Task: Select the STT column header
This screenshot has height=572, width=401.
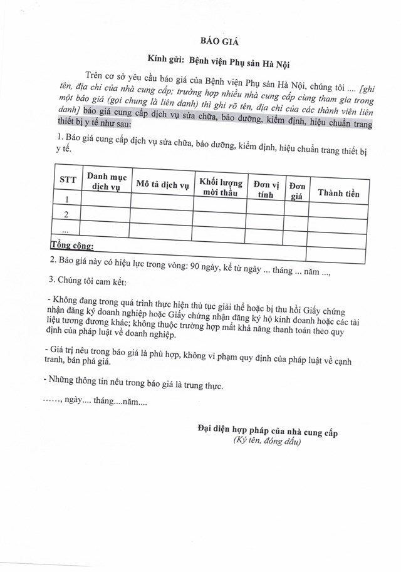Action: [x=67, y=180]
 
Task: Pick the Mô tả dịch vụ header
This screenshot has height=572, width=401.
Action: [x=162, y=185]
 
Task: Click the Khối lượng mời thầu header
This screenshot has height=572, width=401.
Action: [x=219, y=187]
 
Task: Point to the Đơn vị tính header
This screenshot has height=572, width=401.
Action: [x=265, y=189]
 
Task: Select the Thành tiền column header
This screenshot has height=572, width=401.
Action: [x=338, y=193]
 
